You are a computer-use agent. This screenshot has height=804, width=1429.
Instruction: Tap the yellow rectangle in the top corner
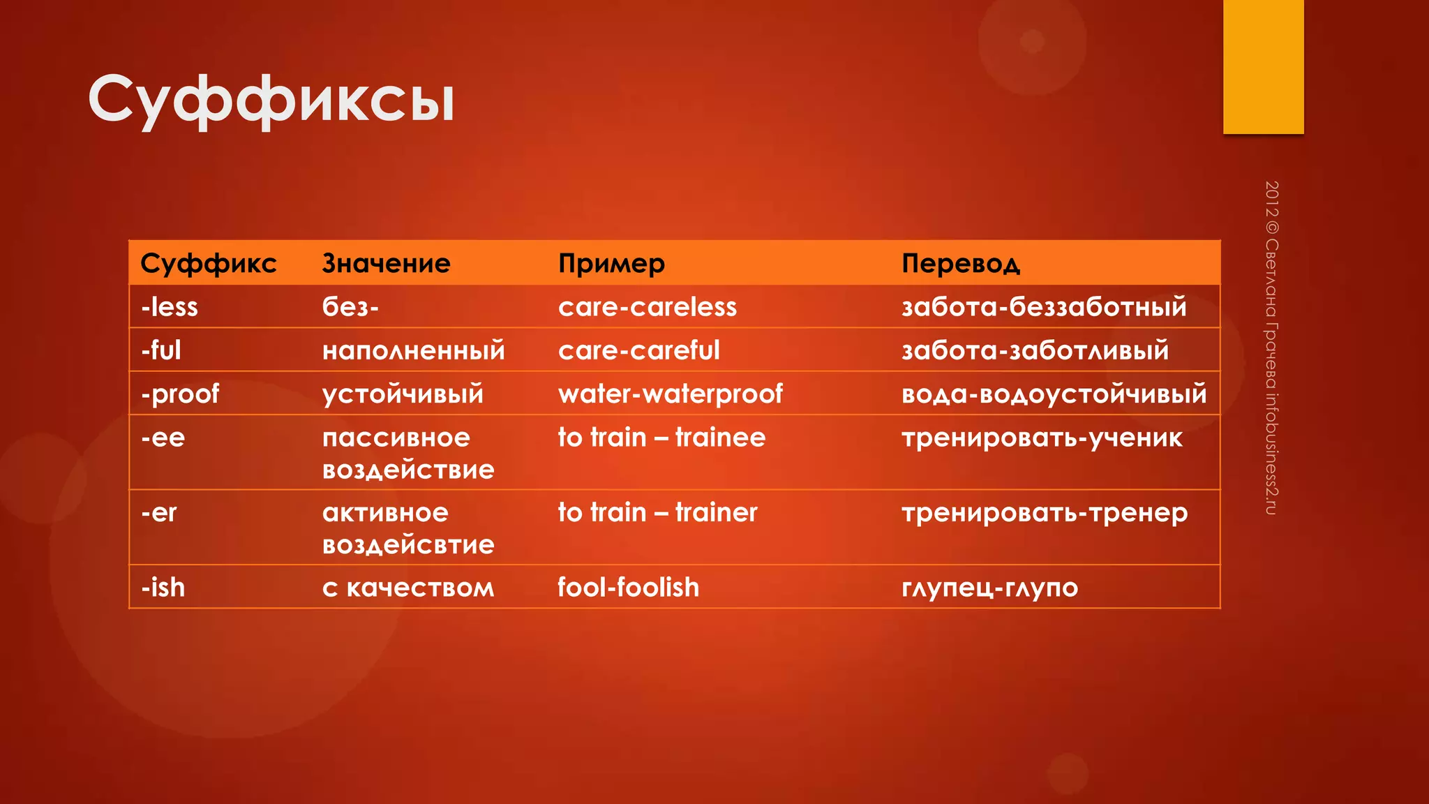[x=1263, y=67]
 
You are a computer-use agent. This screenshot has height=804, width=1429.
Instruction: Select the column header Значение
[x=386, y=264]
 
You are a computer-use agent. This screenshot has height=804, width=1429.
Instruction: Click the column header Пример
[x=611, y=264]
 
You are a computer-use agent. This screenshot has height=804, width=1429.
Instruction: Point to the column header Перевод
[x=960, y=264]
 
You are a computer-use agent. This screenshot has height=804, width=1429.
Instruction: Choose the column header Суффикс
[x=208, y=264]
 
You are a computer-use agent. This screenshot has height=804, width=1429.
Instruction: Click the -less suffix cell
[x=170, y=307]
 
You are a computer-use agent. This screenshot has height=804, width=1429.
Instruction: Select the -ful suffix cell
[x=161, y=350]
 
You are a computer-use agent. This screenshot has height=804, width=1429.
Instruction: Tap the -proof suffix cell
[x=180, y=394]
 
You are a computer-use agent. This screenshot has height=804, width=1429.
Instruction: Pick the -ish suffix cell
[x=163, y=588]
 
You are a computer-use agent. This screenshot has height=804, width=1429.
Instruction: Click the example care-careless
[x=647, y=307]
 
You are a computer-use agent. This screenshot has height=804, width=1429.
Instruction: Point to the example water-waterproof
[x=670, y=394]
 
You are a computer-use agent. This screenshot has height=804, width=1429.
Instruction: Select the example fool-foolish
[x=628, y=588]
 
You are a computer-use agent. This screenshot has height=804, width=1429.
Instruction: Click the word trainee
[x=720, y=438]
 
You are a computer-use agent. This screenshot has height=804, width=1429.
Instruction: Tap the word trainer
[x=716, y=513]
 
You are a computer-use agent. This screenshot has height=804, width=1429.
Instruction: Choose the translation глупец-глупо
[x=989, y=588]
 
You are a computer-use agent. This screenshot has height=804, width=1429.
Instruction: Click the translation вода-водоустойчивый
[x=1054, y=394]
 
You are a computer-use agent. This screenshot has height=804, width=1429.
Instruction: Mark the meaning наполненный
[x=413, y=350]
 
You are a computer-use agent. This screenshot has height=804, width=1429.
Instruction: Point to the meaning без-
[x=350, y=307]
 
